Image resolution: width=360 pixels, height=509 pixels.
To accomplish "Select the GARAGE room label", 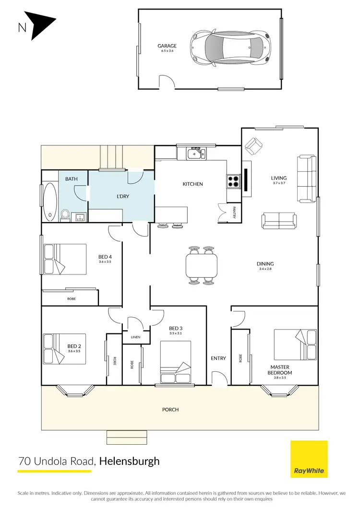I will point(167,46).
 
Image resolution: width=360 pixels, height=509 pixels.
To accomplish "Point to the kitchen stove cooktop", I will point(233,181).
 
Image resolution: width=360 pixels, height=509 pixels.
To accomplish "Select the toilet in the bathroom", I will point(65,214).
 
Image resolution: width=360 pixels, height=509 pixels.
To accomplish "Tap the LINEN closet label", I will point(135,338).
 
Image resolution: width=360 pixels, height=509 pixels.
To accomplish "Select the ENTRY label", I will point(218,358).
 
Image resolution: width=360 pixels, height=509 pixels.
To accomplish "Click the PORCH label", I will point(170,410).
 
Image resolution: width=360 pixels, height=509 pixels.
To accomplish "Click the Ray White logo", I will point(310,460).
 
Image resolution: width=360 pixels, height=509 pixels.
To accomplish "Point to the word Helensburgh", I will point(129,462).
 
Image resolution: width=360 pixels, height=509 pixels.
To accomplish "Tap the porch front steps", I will point(127,438).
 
